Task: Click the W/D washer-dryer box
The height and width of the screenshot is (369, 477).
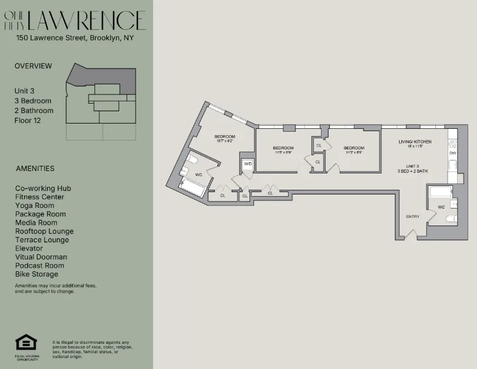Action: (x=248, y=165)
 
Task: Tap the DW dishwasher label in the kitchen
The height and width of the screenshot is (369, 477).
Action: (x=452, y=153)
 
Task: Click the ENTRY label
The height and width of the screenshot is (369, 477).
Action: (x=412, y=217)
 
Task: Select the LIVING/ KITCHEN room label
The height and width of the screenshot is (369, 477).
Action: (x=415, y=142)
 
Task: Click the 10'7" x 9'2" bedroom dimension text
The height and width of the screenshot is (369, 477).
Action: (x=225, y=141)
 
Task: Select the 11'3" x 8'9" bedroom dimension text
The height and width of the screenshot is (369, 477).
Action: (x=354, y=152)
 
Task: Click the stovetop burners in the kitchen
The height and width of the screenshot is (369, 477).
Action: (x=452, y=142)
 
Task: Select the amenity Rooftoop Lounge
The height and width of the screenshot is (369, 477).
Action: (x=45, y=231)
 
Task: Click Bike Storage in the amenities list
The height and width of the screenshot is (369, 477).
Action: (x=37, y=274)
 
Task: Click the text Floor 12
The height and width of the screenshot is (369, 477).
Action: (x=28, y=121)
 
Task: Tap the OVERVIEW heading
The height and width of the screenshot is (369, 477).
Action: (x=33, y=66)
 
